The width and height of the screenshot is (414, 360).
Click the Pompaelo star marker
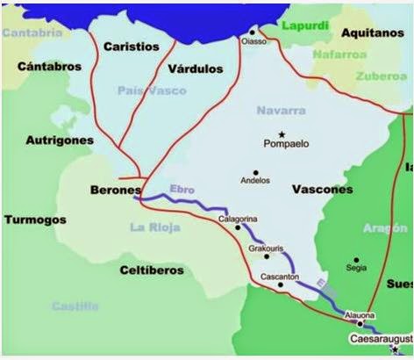[282, 132]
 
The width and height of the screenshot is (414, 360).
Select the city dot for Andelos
[255, 171]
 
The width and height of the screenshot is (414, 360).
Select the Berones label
[116, 190]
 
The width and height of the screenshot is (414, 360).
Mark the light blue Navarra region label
[279, 111]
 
